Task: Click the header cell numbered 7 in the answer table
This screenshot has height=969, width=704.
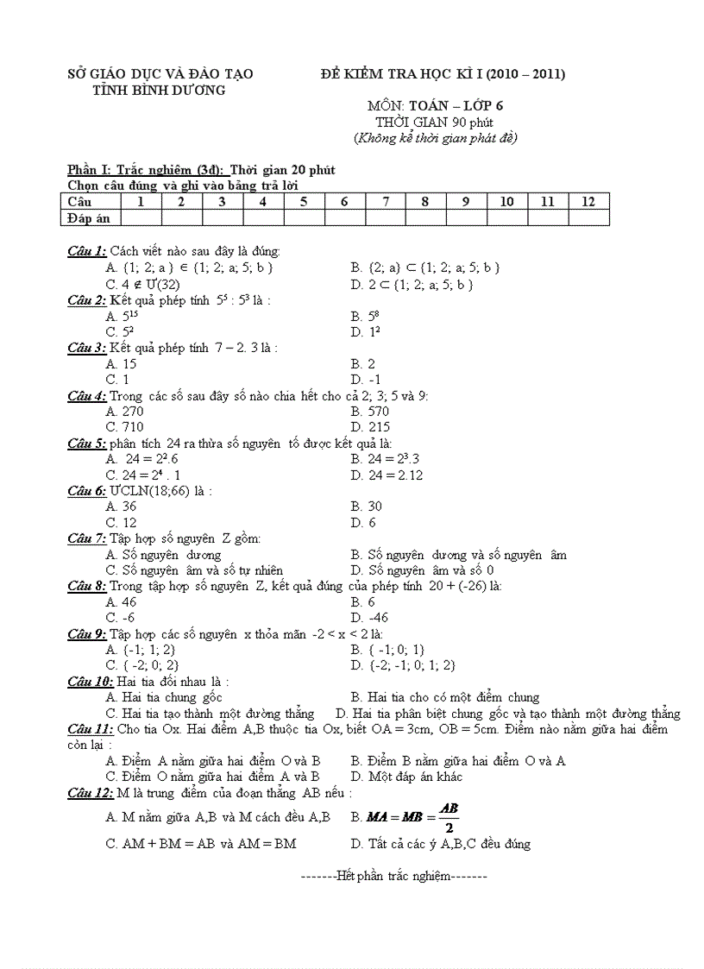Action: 386,201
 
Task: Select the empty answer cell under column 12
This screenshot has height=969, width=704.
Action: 588,217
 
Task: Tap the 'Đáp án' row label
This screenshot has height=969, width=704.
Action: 89,217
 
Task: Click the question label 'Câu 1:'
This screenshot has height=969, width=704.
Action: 87,251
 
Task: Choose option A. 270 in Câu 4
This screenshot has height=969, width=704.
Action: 124,412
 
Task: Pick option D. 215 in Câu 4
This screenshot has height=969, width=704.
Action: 370,427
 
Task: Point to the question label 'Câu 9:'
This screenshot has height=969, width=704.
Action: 87,634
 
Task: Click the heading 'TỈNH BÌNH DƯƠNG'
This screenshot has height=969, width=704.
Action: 159,90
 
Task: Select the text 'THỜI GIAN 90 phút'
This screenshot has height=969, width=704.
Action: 434,122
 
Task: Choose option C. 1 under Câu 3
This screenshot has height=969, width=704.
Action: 117,380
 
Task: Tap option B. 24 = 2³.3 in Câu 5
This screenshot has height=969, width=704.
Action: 385,459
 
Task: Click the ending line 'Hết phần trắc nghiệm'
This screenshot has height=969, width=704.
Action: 394,876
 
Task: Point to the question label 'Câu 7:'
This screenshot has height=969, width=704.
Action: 87,538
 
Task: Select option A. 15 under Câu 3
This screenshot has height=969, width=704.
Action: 121,364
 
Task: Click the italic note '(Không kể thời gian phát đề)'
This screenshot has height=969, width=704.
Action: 436,137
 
